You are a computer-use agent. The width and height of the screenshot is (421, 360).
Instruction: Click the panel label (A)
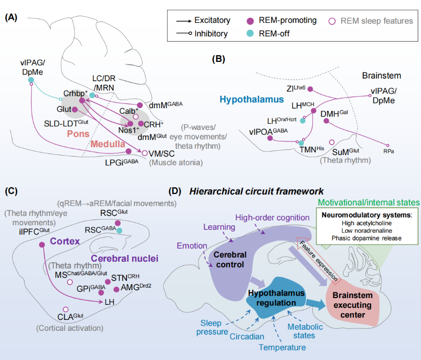11,17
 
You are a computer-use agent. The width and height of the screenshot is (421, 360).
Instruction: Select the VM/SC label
160,153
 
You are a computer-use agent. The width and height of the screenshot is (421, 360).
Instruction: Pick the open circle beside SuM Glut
331,142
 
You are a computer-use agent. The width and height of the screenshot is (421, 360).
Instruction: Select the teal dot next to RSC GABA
120,230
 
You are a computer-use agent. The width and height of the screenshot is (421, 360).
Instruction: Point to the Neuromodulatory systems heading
359,214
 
